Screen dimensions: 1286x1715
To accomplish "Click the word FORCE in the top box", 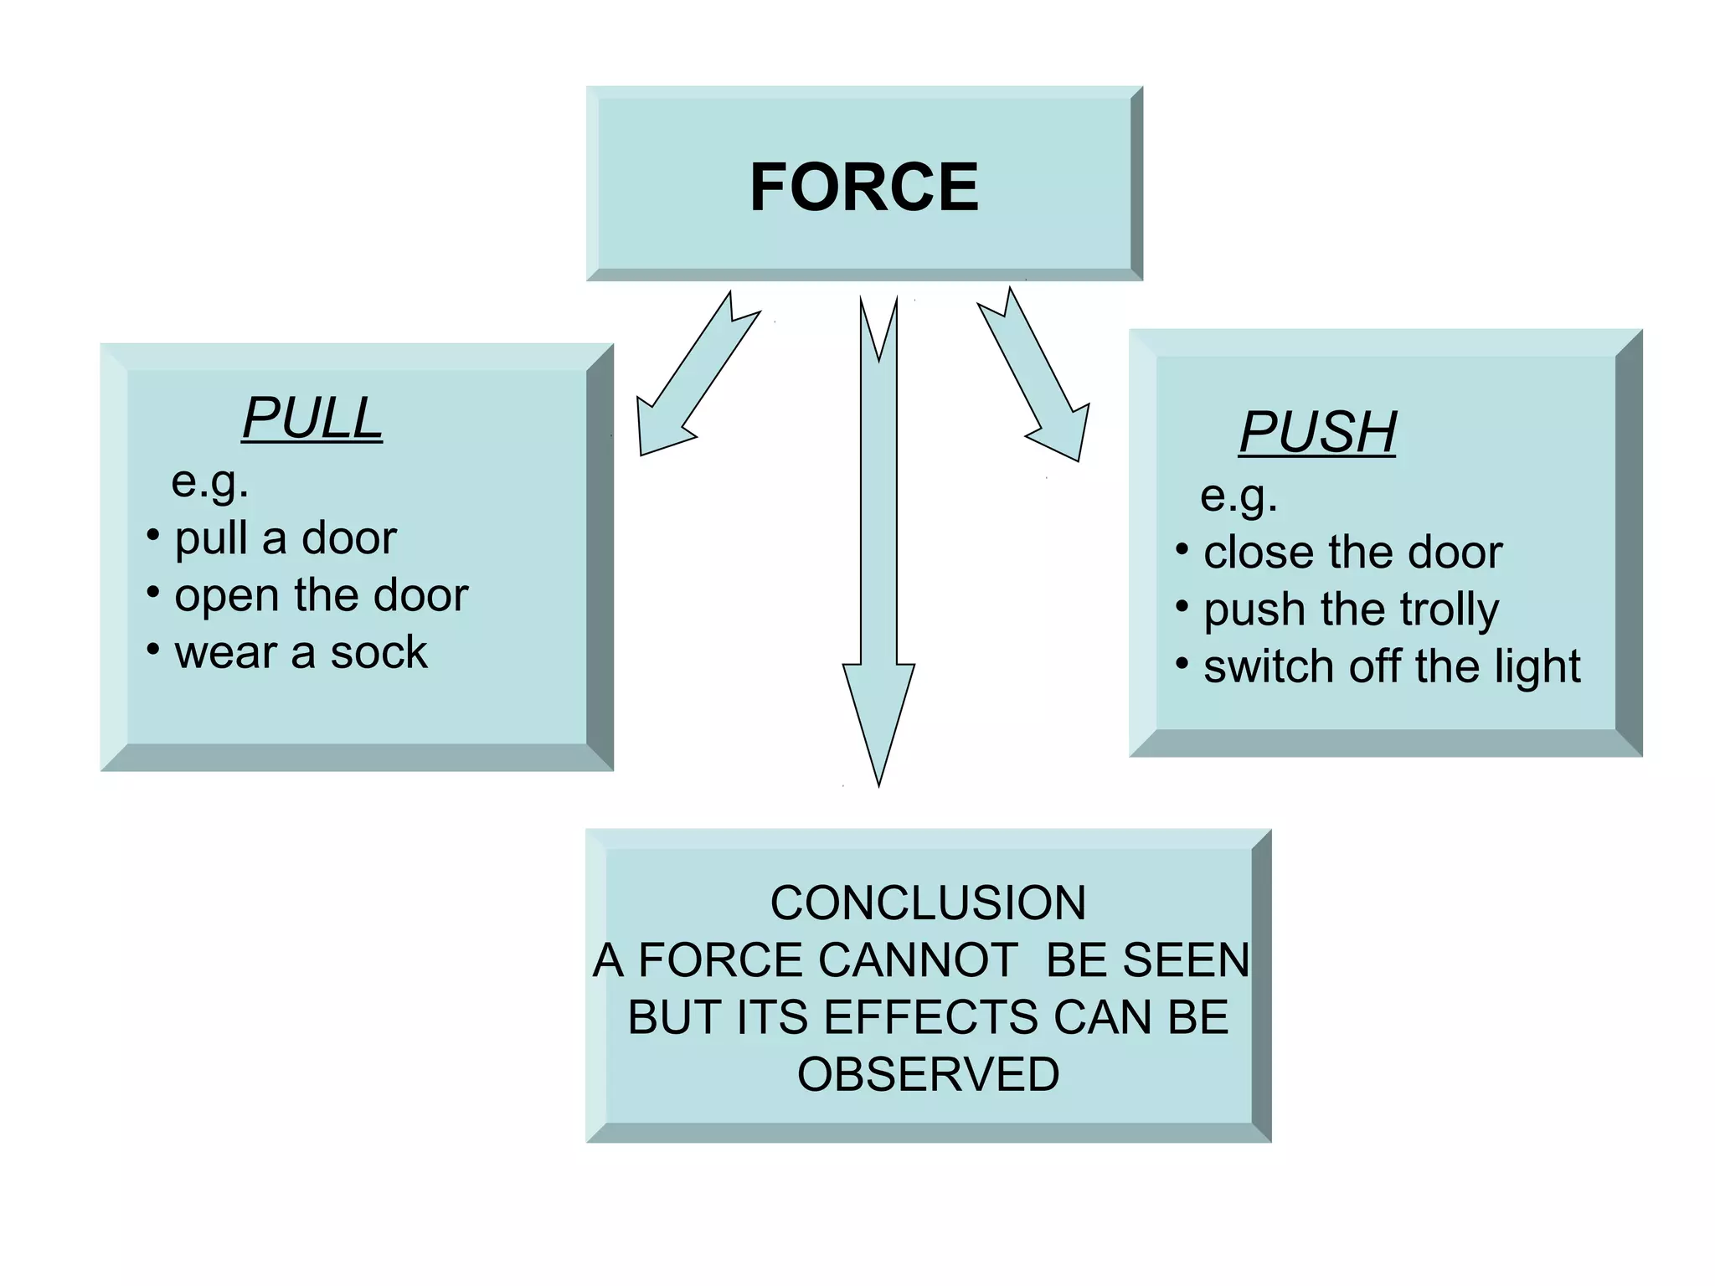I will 863,187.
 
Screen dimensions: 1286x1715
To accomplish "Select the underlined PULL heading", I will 312,418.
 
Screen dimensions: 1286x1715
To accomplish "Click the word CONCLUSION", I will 928,903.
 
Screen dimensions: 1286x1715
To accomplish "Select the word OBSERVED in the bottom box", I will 928,1074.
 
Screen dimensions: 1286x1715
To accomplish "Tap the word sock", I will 379,652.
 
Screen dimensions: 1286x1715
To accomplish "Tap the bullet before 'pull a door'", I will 152,534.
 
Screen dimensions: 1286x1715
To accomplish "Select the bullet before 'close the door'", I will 1182,549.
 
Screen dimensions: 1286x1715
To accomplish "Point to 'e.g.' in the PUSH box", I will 1239,496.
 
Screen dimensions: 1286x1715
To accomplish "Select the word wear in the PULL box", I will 225,652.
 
